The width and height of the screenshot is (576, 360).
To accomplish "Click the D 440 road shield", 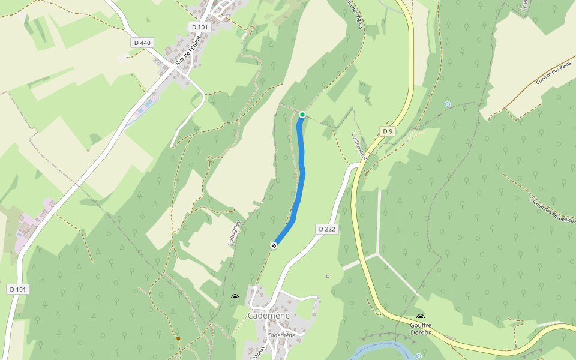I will click(x=142, y=43).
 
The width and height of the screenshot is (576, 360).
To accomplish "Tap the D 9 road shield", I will click(x=388, y=131).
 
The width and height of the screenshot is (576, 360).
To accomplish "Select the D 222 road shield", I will click(x=326, y=229).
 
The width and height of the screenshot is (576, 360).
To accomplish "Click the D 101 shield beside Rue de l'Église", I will click(x=200, y=27).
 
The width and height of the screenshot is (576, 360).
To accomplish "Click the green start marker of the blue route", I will click(x=302, y=115).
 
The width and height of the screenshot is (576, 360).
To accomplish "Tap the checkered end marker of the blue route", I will click(x=274, y=245).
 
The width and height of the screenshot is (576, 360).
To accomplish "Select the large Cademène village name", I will click(x=268, y=316).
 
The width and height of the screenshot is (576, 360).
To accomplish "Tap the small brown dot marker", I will click(x=178, y=338).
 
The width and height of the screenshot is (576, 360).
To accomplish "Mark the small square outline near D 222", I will click(x=328, y=276).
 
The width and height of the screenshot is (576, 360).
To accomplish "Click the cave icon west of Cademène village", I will click(x=235, y=297).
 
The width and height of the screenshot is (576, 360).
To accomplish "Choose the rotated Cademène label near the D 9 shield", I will click(x=359, y=146).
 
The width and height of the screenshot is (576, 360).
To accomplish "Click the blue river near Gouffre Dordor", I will click(x=384, y=347).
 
